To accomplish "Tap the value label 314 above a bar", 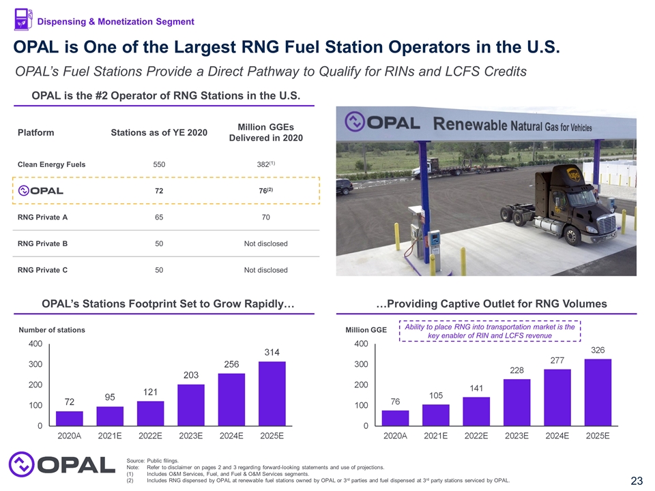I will (x=272, y=351).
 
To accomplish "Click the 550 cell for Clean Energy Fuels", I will (x=158, y=164).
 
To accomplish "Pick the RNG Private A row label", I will (x=42, y=218).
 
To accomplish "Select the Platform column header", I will (x=36, y=132).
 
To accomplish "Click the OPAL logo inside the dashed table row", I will (x=41, y=190).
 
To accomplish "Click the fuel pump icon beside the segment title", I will (x=23, y=20).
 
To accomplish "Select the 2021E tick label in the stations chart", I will (x=111, y=435).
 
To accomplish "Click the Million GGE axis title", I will (x=366, y=330).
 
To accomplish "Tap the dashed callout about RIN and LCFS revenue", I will (x=489, y=331).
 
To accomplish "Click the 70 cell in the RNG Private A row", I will (x=265, y=218).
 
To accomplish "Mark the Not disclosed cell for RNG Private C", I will (x=265, y=270).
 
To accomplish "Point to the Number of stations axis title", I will (x=52, y=330).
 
